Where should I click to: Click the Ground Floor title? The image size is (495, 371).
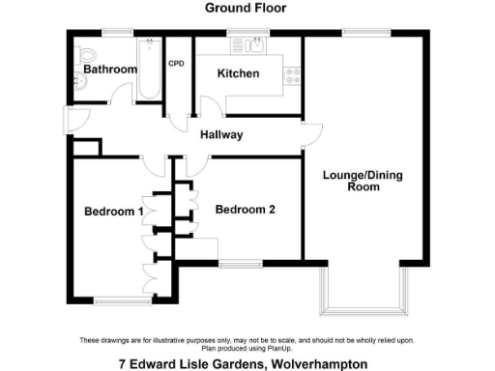click(247, 8)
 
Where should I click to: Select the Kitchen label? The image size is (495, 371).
click(238, 74)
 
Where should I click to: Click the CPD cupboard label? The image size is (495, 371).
click(177, 64)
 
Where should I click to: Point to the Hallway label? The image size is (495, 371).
click(221, 135)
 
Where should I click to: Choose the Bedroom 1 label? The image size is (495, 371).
click(112, 212)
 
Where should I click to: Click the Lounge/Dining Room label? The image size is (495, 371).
click(363, 181)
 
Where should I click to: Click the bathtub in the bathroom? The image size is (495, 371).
click(149, 68)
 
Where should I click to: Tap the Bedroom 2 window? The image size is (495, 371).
click(240, 263)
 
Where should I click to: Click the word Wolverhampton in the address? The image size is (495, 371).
click(314, 364)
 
